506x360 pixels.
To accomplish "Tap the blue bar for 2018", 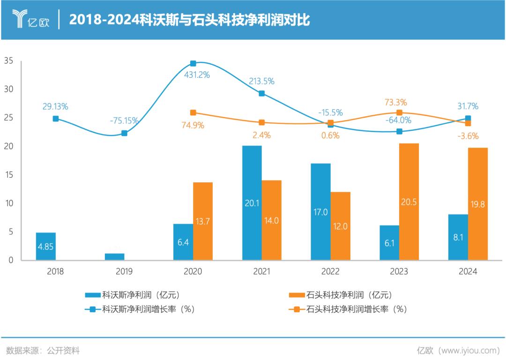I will [x=45, y=246].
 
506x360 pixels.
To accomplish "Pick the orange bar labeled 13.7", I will [x=202, y=221].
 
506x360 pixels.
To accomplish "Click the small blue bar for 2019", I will [x=114, y=256].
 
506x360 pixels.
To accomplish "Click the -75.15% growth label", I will [x=124, y=120].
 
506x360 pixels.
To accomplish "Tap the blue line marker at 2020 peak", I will [x=193, y=63].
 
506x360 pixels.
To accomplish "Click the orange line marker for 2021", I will [x=262, y=122].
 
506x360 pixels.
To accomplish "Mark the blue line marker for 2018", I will [x=56, y=119].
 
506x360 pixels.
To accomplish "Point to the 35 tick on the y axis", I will [x=8, y=61].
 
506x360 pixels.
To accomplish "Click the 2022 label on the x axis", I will [x=330, y=272].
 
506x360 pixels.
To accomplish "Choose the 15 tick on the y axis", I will [x=8, y=175].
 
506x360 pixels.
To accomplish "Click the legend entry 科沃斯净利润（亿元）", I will [x=132, y=295].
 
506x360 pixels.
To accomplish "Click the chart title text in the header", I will [x=189, y=20].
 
